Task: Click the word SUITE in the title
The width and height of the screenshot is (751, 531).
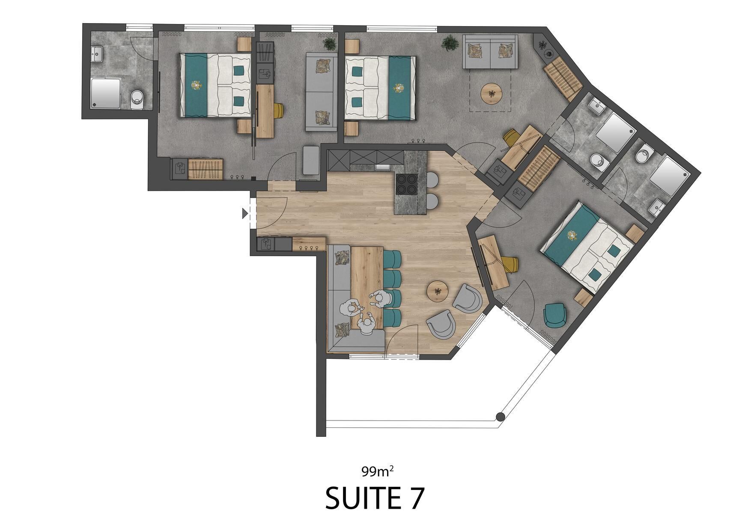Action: click(x=362, y=498)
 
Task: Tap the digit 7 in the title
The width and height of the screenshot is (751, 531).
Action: click(x=415, y=498)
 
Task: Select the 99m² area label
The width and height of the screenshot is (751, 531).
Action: click(x=377, y=471)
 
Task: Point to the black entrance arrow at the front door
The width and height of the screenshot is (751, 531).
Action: click(x=245, y=213)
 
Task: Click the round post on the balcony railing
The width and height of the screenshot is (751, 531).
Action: click(x=499, y=417)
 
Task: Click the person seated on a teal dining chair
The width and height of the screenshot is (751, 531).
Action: click(x=380, y=298)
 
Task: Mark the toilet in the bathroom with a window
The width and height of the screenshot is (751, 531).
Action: click(x=137, y=97)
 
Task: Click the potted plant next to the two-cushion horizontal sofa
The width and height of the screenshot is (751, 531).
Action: click(x=449, y=43)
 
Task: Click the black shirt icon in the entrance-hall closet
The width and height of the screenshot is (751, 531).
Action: click(x=266, y=244)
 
